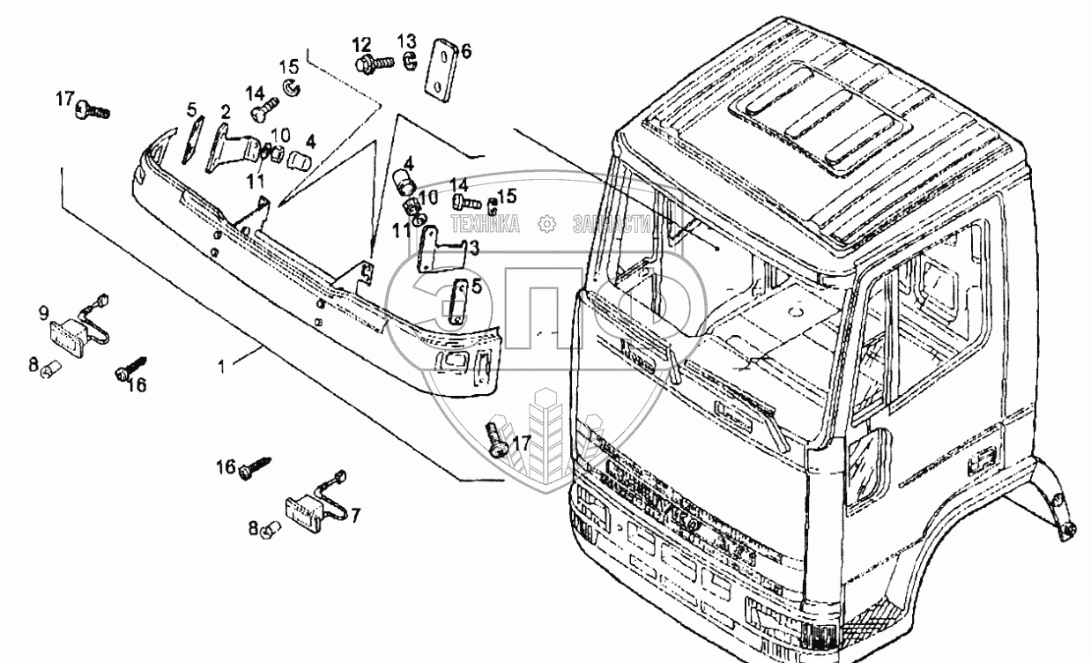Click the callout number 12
(362, 45)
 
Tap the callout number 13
(406, 42)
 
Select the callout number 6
(465, 51)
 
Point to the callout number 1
(221, 364)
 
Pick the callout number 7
(355, 514)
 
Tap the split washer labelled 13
(409, 62)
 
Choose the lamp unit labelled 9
(70, 331)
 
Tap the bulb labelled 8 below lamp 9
(49, 368)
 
